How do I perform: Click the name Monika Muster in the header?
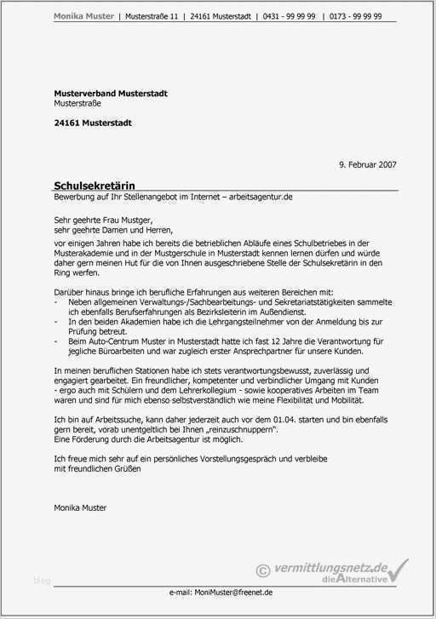click(83, 16)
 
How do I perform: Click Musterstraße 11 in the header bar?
click(152, 16)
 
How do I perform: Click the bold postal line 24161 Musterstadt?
click(93, 123)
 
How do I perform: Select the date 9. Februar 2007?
click(367, 163)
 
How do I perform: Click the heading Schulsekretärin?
click(94, 185)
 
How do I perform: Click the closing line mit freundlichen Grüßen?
click(97, 467)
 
